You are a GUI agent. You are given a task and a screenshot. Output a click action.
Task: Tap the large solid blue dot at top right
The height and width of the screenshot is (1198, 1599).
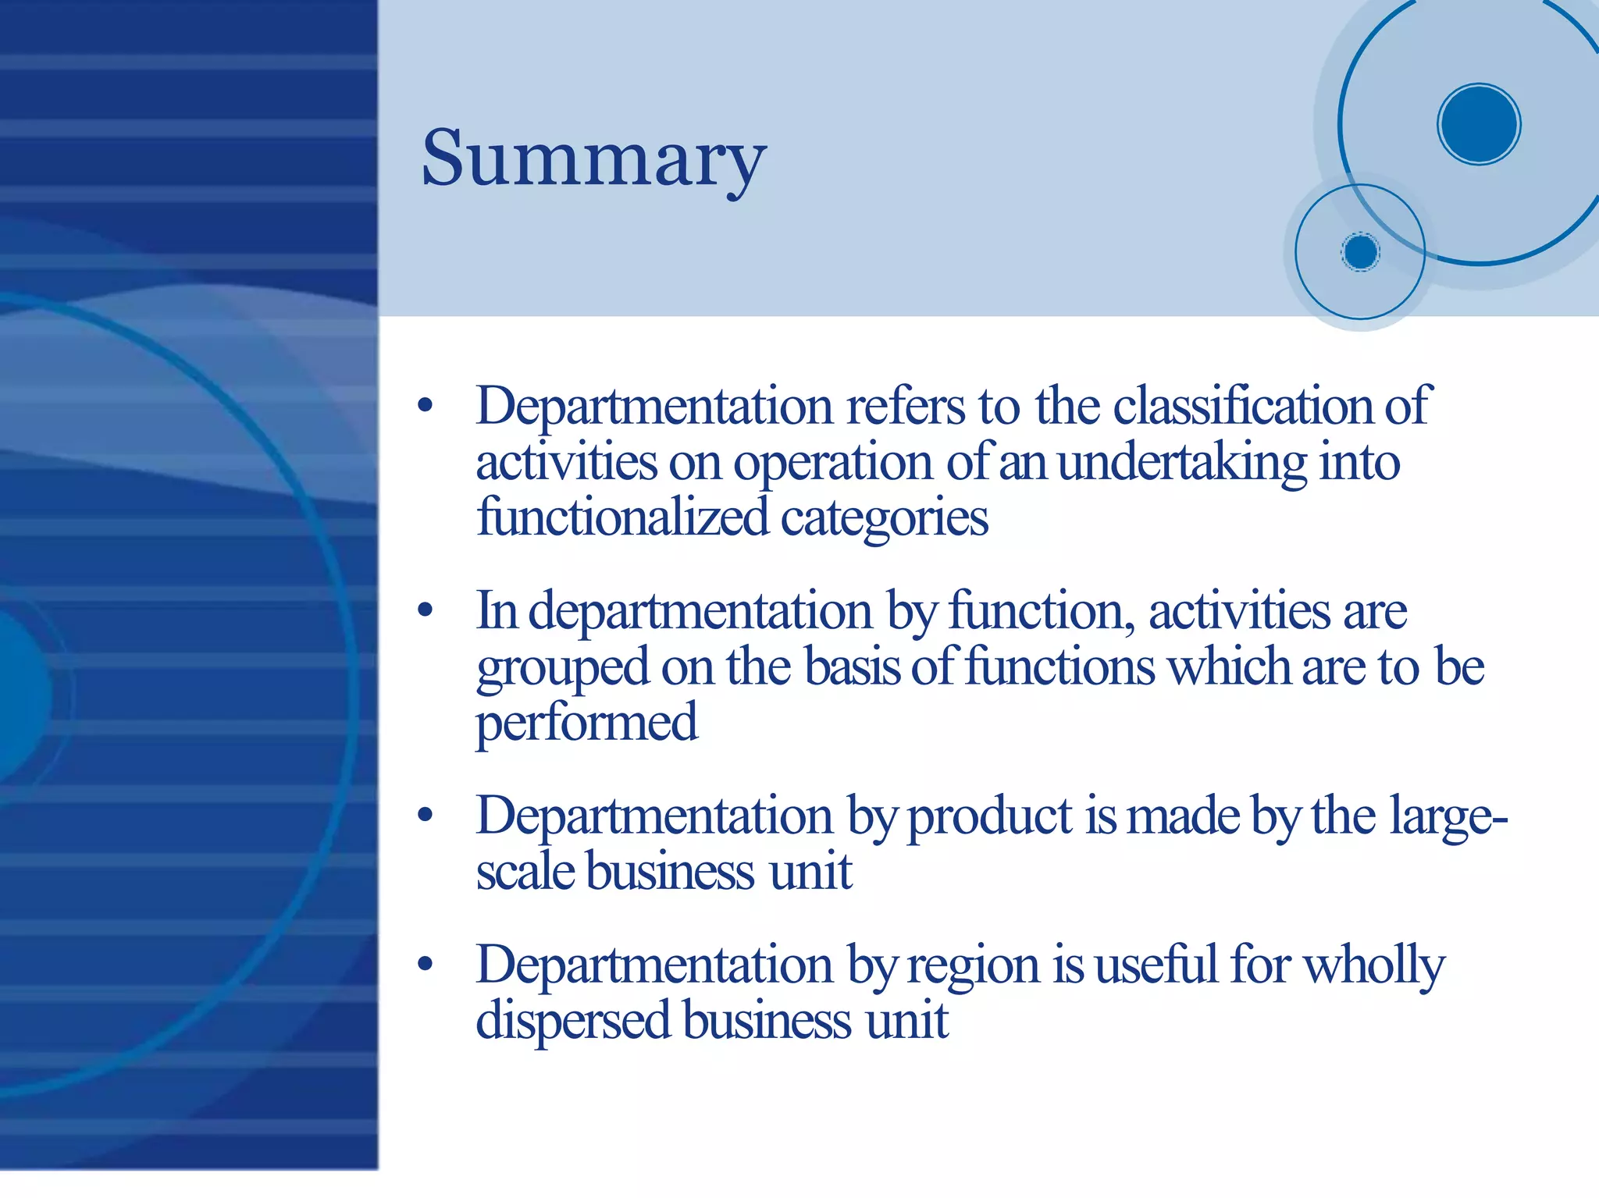click(1478, 124)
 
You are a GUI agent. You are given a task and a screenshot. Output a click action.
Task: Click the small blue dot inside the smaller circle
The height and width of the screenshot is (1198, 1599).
click(1360, 252)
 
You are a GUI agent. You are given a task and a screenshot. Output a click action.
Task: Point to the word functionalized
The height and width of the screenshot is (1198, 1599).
click(622, 517)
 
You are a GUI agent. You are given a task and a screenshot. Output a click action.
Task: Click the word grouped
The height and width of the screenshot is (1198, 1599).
click(562, 668)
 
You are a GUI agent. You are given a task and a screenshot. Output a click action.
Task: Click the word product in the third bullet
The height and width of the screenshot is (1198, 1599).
click(990, 816)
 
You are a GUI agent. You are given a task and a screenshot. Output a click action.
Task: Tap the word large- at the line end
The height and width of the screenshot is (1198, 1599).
click(1448, 816)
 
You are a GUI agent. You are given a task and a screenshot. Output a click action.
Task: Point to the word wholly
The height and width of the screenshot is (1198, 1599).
click(1375, 966)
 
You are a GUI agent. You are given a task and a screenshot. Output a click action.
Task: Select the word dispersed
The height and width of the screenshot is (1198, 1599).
click(573, 1021)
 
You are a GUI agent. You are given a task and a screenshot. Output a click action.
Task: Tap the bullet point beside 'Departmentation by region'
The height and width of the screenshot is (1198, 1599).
click(425, 965)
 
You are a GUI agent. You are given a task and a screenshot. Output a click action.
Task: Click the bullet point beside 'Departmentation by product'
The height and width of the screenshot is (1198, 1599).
click(425, 816)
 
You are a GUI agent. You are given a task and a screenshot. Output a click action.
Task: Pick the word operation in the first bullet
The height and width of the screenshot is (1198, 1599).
click(832, 464)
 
